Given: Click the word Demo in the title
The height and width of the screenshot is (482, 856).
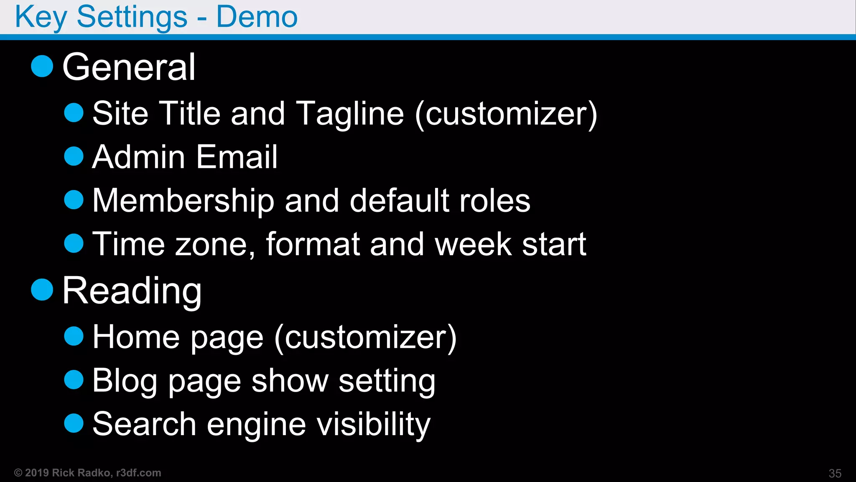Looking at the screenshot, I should click(x=257, y=17).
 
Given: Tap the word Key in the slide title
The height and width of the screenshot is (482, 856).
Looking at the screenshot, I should click(x=41, y=18).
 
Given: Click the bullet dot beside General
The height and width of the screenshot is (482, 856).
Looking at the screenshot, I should click(x=42, y=66).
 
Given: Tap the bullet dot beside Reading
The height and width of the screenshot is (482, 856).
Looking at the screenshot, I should click(x=42, y=290).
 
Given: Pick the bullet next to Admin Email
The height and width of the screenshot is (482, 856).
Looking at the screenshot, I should click(x=74, y=156).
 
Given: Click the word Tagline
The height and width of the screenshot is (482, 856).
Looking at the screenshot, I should click(x=350, y=114).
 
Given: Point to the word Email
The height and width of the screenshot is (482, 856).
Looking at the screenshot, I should click(x=237, y=157).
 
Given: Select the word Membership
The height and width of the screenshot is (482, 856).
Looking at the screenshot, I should click(x=183, y=200).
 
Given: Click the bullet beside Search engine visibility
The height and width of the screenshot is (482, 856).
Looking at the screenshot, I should click(x=74, y=423).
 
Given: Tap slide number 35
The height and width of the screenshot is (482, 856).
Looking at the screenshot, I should click(x=835, y=473).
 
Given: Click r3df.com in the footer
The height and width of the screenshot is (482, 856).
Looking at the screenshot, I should click(x=139, y=473).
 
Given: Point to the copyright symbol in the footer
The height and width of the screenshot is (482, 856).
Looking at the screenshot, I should click(x=18, y=473).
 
